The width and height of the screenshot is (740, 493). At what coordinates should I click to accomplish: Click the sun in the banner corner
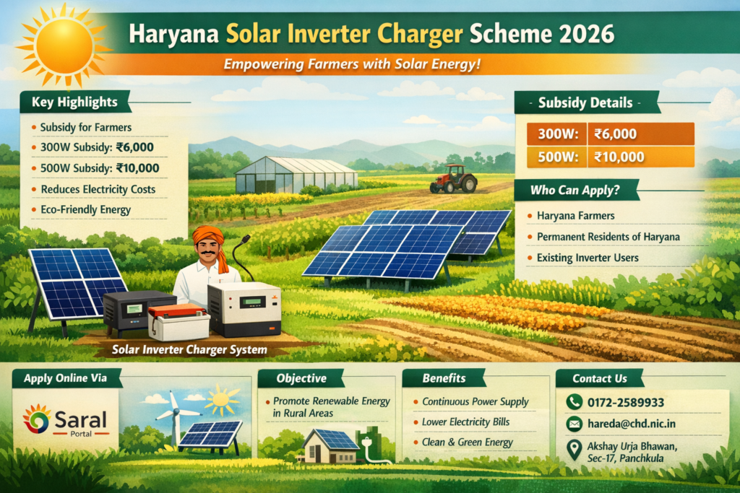coord(64,46)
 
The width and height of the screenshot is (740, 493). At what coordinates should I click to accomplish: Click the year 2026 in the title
coord(586,33)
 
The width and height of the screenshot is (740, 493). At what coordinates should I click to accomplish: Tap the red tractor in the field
coord(453,178)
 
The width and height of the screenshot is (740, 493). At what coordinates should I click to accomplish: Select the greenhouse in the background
coord(296,175)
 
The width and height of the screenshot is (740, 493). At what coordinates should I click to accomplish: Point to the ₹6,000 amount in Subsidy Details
coord(616,134)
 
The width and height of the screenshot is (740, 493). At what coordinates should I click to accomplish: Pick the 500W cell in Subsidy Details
coord(557,157)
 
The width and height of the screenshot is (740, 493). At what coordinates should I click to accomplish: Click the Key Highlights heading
coord(74,102)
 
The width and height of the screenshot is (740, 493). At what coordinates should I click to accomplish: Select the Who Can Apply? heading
coord(575,190)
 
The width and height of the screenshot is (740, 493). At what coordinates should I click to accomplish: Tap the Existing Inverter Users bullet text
coord(588,258)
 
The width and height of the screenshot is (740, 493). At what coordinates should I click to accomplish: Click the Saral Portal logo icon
coord(36,419)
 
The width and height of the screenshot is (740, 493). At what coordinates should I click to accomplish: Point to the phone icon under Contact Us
coord(574,402)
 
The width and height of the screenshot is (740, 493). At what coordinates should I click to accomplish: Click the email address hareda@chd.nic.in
coord(632,424)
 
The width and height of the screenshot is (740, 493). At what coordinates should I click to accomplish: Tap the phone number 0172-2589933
coord(626,403)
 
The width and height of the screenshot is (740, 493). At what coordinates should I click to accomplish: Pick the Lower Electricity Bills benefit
coord(466,422)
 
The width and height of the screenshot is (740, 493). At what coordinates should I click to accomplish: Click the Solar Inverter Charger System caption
coord(189,349)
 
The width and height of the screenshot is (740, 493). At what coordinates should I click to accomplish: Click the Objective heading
coord(301,378)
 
